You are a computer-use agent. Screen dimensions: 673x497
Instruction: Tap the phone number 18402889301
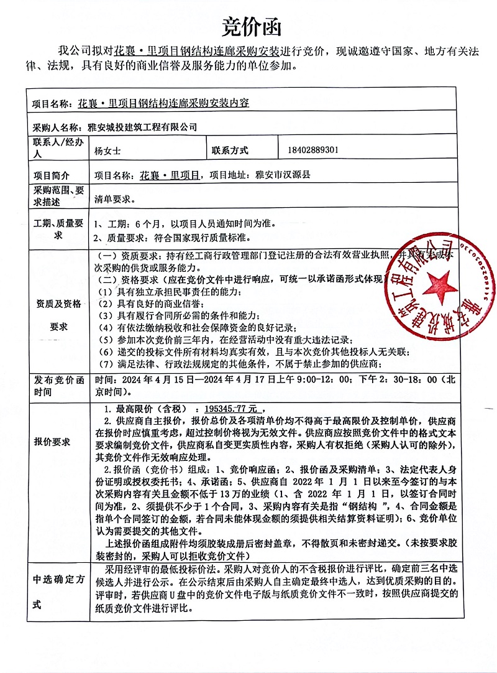click(x=313, y=151)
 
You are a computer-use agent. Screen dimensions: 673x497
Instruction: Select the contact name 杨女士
click(x=107, y=151)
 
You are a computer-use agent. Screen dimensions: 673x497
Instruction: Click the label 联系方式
click(x=229, y=151)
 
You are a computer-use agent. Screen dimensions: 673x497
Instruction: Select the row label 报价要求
click(x=52, y=442)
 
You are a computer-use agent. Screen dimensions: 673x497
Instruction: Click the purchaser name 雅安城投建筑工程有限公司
click(x=142, y=128)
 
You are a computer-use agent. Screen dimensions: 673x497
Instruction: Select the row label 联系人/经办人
click(x=53, y=151)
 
